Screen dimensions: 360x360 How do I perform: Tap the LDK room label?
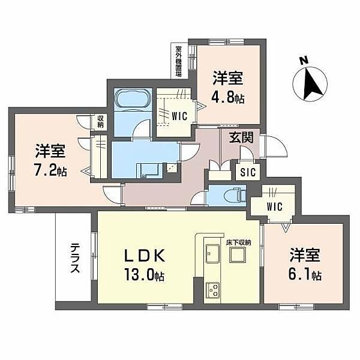click(144, 256)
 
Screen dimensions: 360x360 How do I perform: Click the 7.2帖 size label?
click(50, 170)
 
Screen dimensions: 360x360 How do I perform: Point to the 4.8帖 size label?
click(228, 97)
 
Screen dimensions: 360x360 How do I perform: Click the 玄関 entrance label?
click(240, 137)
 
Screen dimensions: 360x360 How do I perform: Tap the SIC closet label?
click(247, 172)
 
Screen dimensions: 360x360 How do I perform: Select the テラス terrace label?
click(75, 258)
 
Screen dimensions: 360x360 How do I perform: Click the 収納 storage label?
click(100, 122)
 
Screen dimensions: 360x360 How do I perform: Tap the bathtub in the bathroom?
click(127, 98)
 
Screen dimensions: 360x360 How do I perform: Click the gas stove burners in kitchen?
click(214, 290)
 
